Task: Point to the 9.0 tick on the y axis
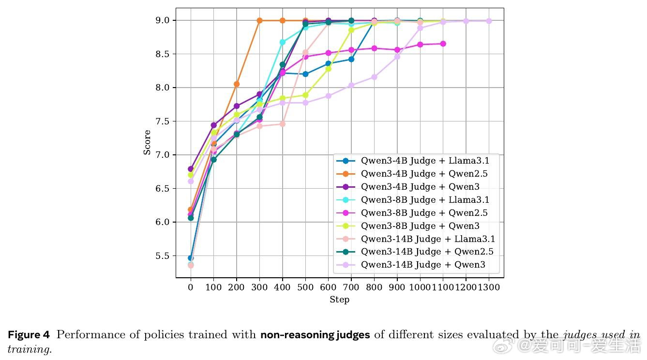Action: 163,20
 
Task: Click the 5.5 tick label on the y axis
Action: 163,256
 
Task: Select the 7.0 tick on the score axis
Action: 163,155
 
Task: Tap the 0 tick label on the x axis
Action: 191,287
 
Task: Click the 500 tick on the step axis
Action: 305,287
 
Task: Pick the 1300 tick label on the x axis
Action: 489,287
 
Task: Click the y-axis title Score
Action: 147,142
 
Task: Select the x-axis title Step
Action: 339,300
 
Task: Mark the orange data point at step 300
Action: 259,20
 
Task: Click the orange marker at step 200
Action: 237,84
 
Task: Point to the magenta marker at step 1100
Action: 443,44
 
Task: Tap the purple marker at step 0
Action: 191,169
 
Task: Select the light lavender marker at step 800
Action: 374,77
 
